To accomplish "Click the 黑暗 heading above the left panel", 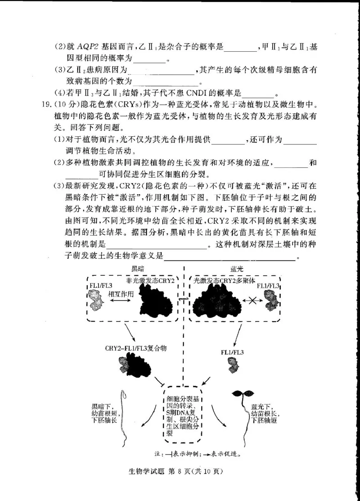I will (137, 268).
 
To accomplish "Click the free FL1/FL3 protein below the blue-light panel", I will (233, 366).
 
